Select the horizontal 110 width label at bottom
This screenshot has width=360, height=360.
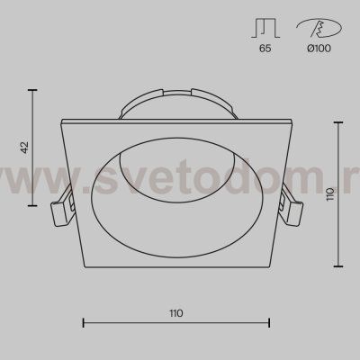175,313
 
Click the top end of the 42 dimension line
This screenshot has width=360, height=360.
33,89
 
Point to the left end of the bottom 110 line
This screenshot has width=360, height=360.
83,321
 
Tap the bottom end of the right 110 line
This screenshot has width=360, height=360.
338,267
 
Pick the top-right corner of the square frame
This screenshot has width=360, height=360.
296,120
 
